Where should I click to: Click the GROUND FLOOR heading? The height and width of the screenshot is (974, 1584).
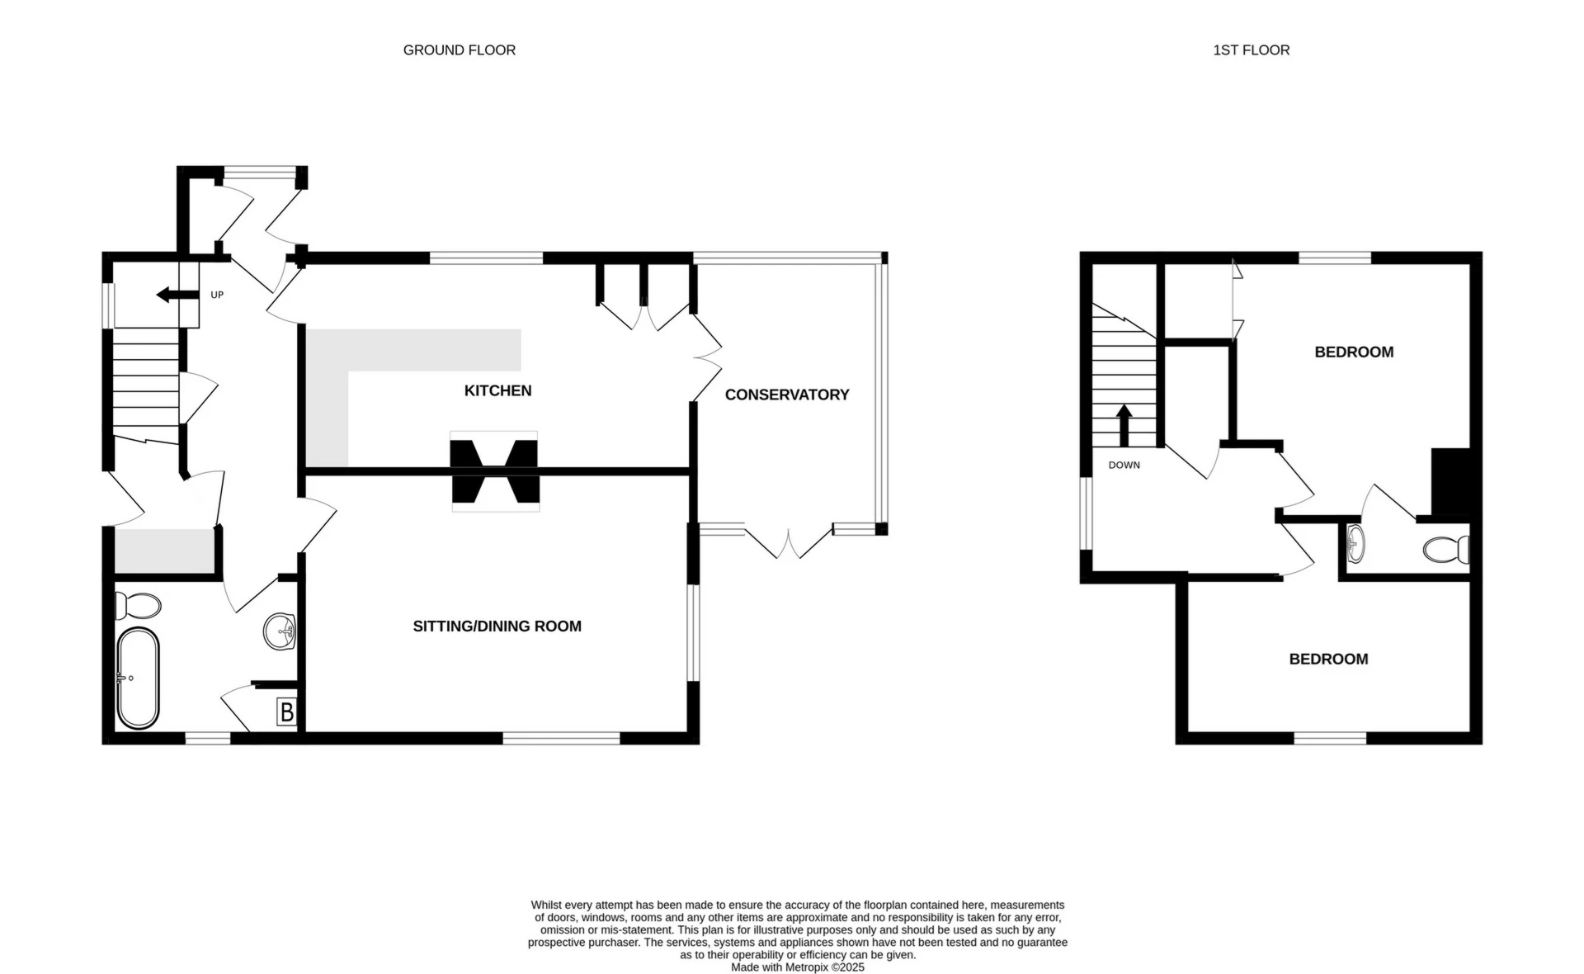[459, 50]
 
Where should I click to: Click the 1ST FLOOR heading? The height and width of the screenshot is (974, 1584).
[1251, 50]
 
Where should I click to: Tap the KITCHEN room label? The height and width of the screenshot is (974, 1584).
[497, 390]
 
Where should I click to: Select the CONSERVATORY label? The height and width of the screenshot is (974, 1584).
[786, 395]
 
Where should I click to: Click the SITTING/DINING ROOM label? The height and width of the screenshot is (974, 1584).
[497, 626]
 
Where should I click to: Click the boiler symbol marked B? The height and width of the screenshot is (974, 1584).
[286, 712]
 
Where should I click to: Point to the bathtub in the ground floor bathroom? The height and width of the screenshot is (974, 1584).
[138, 678]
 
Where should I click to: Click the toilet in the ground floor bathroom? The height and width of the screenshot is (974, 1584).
[137, 606]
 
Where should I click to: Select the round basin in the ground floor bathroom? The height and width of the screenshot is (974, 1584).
[280, 632]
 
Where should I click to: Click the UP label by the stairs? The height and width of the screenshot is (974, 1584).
[217, 295]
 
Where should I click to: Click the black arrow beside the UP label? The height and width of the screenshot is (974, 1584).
[177, 295]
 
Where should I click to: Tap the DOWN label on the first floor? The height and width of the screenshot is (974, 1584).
[1124, 466]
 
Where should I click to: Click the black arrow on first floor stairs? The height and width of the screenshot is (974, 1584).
[1124, 424]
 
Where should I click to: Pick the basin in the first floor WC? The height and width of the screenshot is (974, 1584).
[1355, 544]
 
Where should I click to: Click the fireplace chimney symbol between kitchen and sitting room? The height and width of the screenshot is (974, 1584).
[494, 471]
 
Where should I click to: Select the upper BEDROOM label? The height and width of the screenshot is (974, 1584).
[1353, 352]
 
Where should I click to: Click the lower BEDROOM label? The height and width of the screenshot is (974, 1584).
[1328, 660]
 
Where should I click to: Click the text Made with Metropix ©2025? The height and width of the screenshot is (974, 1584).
[797, 967]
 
